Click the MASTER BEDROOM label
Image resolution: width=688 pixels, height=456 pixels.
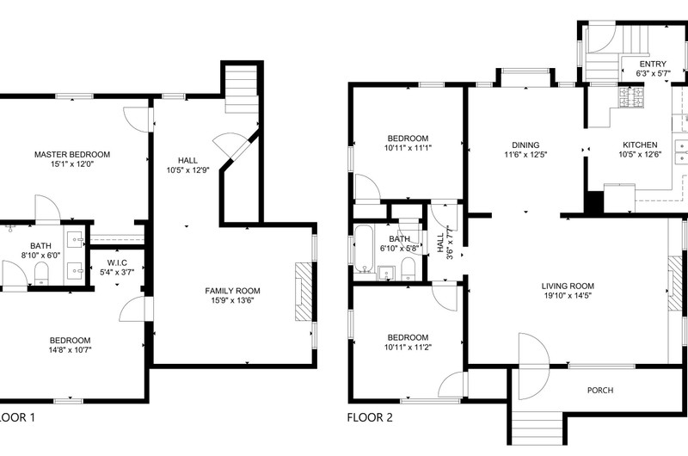72,155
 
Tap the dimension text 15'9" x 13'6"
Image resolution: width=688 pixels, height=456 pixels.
232,300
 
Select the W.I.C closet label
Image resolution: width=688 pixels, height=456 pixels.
117,263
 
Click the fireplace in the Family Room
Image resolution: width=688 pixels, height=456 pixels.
304,292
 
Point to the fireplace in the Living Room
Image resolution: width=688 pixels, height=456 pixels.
675,284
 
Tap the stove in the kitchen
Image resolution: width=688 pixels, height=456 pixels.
631,97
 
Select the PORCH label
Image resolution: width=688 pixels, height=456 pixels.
600,390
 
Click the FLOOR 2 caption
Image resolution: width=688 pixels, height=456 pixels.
370,417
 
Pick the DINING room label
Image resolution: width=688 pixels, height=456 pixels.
525,145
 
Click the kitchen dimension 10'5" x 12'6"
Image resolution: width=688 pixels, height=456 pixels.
640,155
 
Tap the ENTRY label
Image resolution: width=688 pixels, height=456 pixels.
653,64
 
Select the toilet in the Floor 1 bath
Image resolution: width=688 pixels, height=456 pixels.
40,274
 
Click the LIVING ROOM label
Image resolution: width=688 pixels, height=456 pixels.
568,287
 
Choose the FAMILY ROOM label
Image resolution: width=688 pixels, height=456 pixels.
232,291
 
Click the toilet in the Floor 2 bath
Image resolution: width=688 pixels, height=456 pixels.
408,268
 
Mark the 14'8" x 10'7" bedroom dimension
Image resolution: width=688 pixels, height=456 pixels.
71,350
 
